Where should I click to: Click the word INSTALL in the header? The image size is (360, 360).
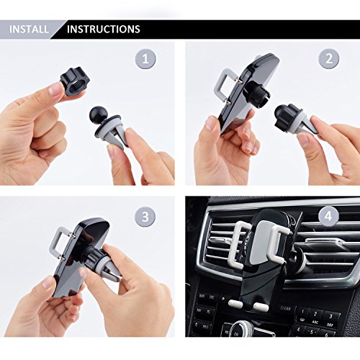(x=29, y=30)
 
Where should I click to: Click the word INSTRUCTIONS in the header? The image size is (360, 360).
(x=104, y=30)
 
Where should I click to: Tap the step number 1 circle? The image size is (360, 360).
(x=145, y=59)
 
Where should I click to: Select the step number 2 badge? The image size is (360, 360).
(x=329, y=59)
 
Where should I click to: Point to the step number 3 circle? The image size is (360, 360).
(x=145, y=217)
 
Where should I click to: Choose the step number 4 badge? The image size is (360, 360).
(x=328, y=217)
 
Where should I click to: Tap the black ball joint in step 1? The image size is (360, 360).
(x=98, y=116)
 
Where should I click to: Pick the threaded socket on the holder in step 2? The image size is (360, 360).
(x=257, y=92)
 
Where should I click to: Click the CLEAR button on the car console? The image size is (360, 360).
(x=285, y=309)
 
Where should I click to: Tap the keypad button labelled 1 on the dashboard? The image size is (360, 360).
(x=303, y=312)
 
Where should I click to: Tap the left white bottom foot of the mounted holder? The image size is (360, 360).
(x=235, y=303)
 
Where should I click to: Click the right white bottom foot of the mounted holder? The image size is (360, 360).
(x=261, y=306)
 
